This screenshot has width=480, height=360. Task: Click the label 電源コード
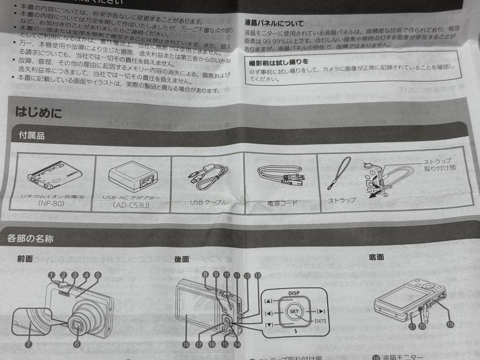(282, 203)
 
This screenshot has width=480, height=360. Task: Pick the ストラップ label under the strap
(342, 200)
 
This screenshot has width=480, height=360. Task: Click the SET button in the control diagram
(294, 312)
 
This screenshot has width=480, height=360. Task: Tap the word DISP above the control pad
(294, 293)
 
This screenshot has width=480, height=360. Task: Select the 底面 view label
(376, 257)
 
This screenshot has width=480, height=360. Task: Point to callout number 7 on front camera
(29, 344)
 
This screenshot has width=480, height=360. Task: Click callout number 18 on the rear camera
(186, 344)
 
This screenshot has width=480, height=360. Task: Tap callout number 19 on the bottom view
(450, 324)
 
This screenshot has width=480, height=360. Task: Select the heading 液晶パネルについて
(274, 23)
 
